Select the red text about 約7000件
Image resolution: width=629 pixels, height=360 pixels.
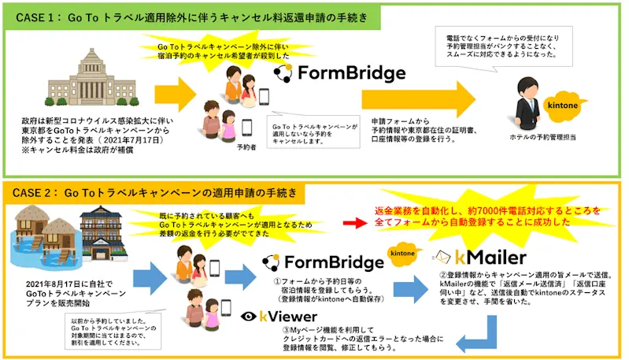tap(487, 217)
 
